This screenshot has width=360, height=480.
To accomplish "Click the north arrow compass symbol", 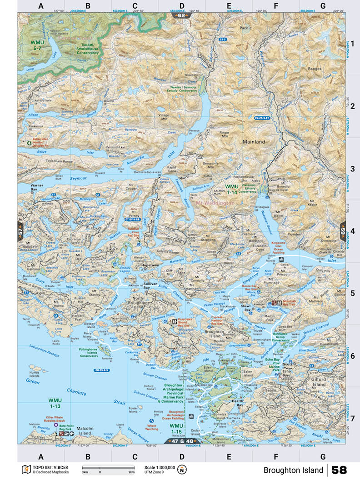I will [182, 470].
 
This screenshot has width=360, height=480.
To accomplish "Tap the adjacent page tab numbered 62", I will [182, 15].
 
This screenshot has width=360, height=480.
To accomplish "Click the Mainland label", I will [254, 142].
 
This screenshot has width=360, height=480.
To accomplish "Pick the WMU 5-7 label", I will [37, 45].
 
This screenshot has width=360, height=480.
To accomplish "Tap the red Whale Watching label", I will [151, 427].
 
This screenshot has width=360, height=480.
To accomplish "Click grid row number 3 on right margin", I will [352, 169].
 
